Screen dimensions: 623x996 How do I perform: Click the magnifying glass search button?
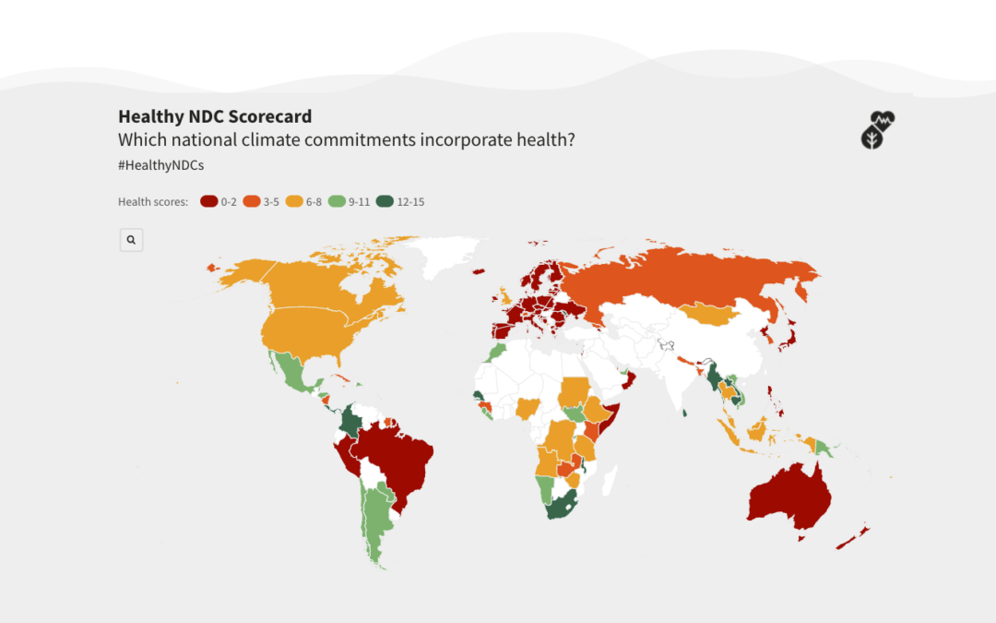pyautogui.click(x=131, y=240)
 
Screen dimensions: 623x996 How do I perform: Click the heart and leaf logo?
pyautogui.click(x=877, y=130)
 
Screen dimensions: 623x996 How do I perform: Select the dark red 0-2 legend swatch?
pyautogui.click(x=209, y=202)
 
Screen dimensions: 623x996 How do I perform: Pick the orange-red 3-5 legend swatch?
pyautogui.click(x=252, y=202)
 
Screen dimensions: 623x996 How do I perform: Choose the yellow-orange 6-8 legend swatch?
pyautogui.click(x=294, y=202)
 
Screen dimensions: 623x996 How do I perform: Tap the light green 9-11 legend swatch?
pyautogui.click(x=338, y=202)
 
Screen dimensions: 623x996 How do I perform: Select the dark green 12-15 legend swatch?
pyautogui.click(x=385, y=202)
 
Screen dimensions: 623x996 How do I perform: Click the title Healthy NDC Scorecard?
pyautogui.click(x=215, y=117)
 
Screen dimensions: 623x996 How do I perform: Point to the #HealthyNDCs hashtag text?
pyautogui.click(x=160, y=165)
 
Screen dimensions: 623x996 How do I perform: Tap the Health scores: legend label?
pyautogui.click(x=153, y=202)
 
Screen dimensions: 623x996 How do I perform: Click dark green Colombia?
pyautogui.click(x=351, y=423)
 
